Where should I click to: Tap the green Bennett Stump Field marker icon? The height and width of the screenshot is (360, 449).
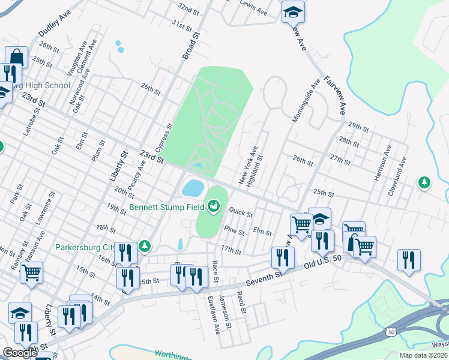click(212, 208)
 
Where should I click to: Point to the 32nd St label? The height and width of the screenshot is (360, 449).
click(188, 8)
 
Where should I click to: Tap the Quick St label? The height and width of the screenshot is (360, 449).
click(241, 212)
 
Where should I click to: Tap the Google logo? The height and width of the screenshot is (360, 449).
click(20, 353)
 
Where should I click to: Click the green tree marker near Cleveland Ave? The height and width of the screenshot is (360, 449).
click(425, 182)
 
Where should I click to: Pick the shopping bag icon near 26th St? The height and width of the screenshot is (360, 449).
click(17, 58)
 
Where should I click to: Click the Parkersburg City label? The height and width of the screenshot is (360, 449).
click(85, 247)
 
